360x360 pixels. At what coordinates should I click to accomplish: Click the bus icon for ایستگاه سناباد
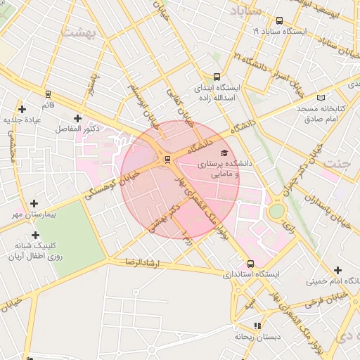(x=280, y=21)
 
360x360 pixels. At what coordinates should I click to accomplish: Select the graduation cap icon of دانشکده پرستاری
(x=224, y=153)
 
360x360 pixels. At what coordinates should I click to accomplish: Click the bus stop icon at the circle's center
(x=167, y=160)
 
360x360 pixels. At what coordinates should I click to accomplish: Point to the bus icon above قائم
(x=48, y=94)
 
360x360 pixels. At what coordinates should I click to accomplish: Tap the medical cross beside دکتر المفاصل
(x=77, y=118)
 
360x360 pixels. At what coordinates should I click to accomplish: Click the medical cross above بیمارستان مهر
(x=34, y=202)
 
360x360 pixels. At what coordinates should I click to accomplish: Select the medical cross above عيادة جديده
(x=22, y=109)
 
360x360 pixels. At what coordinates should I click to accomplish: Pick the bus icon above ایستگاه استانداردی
(x=250, y=263)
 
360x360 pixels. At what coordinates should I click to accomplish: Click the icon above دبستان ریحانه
(x=257, y=326)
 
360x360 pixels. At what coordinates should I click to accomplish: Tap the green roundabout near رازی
(x=277, y=210)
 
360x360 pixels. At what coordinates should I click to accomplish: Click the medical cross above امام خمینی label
(x=338, y=271)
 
